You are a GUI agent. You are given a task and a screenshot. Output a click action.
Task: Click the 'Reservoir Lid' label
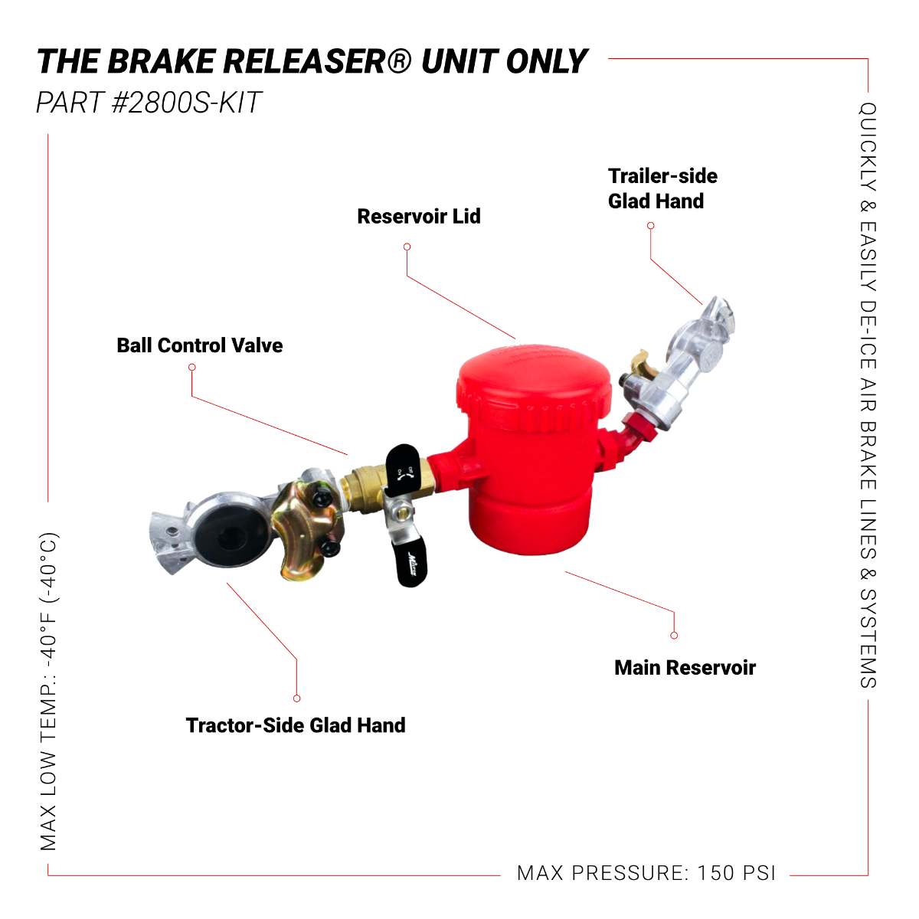coord(418,217)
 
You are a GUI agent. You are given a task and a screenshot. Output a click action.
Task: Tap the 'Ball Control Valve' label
coord(199,345)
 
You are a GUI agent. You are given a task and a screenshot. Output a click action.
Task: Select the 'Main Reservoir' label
coord(685,668)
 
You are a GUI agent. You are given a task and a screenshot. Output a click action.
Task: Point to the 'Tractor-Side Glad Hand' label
coord(295,725)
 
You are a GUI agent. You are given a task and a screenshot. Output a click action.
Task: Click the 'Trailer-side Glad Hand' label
coord(662,188)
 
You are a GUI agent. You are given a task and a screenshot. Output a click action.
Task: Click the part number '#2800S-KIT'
coord(187,103)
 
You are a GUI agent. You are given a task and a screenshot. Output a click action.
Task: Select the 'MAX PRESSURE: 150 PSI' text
coord(646,873)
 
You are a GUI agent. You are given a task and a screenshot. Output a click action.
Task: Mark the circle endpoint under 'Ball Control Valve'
coord(191,368)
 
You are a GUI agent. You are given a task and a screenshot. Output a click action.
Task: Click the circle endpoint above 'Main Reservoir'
coord(674,635)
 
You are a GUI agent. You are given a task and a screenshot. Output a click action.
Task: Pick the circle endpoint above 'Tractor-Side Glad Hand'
coord(296,698)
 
